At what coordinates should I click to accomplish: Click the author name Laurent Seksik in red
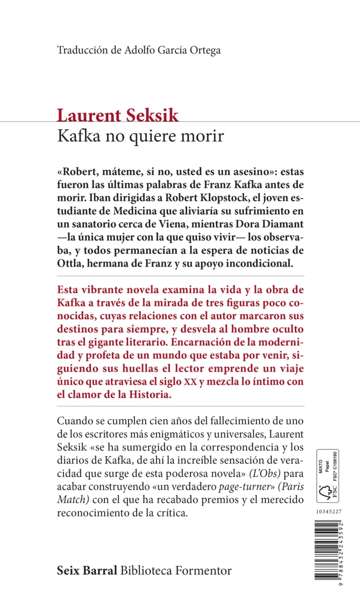click(118, 115)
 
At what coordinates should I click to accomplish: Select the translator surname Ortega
click(205, 50)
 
